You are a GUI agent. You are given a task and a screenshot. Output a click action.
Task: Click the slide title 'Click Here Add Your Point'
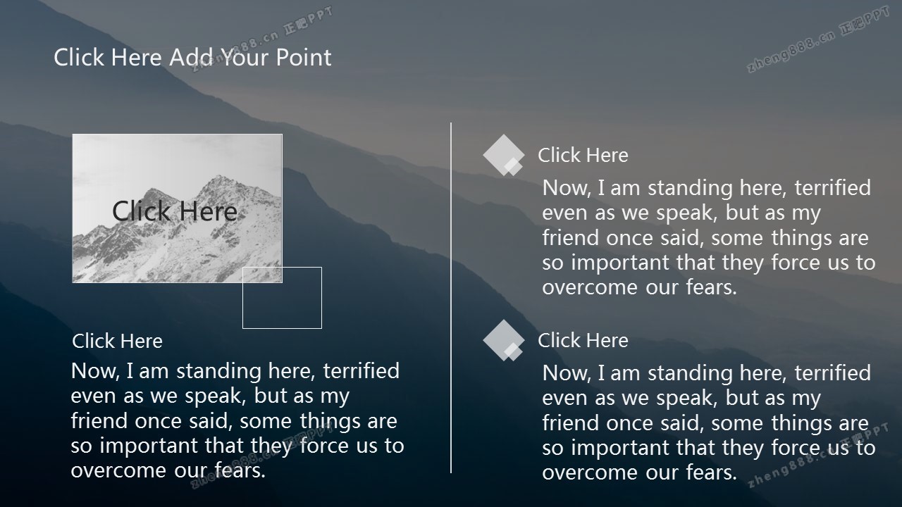tap(192, 57)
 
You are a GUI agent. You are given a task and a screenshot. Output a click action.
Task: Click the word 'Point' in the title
tap(304, 57)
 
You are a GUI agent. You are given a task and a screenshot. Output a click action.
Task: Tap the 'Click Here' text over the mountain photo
tap(175, 211)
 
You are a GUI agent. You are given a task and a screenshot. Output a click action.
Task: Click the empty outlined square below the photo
tap(282, 328)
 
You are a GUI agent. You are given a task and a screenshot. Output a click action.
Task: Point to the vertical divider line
tap(450, 298)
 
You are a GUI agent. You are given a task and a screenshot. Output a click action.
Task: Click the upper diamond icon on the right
tap(503, 156)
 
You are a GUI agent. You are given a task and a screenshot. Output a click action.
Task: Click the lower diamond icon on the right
tap(503, 340)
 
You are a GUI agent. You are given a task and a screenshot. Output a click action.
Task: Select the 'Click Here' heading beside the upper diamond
tap(583, 156)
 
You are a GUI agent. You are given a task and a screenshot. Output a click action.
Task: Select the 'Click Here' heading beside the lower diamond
tap(583, 340)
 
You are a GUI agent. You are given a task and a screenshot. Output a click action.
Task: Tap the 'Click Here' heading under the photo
tap(117, 342)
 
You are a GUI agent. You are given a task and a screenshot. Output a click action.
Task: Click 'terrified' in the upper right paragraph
tap(832, 188)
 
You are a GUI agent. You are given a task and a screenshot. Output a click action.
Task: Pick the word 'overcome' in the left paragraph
tap(120, 470)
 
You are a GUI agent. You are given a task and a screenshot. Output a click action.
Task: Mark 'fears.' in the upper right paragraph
tap(711, 287)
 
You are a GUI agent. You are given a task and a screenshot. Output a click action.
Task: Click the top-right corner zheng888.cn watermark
tap(818, 39)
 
